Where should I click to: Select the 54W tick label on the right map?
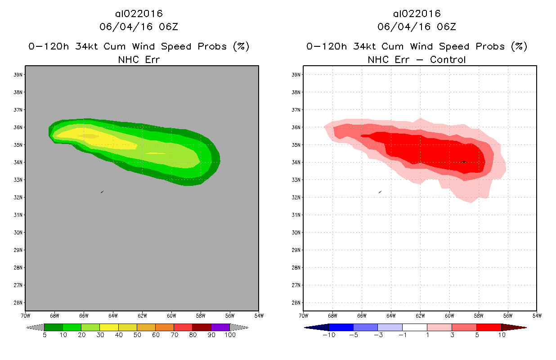point(537,315)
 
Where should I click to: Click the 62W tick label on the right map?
point(420,315)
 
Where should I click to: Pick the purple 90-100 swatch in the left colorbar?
point(220,327)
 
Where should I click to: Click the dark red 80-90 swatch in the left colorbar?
point(202,327)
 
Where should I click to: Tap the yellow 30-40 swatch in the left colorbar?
point(109,327)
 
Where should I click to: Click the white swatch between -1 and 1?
point(414,327)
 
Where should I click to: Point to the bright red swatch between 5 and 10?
point(489,327)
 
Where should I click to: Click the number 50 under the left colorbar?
point(137,335)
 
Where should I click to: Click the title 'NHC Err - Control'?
point(417,59)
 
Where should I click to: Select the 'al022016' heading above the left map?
point(139,14)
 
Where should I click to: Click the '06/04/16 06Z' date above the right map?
point(417,27)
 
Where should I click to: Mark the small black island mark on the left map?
point(102,192)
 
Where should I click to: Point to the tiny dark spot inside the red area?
point(463,162)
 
